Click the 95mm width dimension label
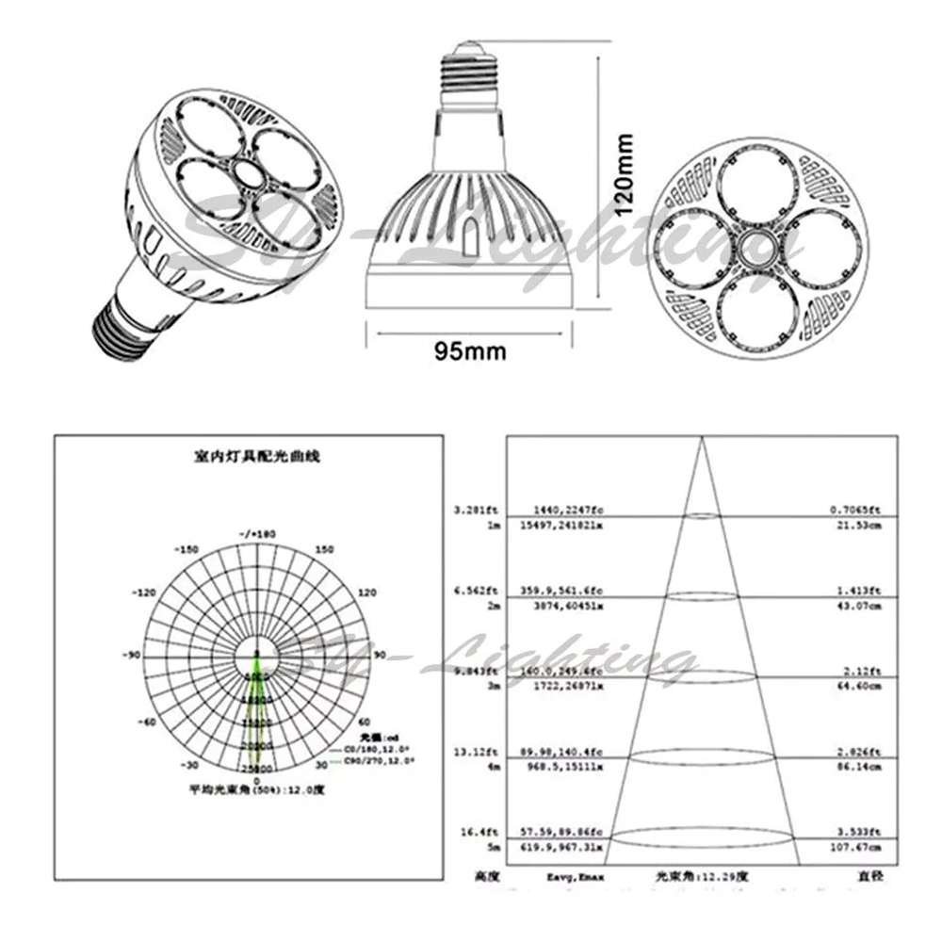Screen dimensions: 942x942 (469, 351)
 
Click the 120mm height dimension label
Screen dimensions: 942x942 (623, 175)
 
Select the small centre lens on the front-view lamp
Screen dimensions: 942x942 (753, 248)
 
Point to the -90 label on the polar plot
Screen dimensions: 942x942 (132, 655)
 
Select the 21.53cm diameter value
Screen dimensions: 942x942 (863, 524)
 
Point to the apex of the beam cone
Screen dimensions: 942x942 (700, 439)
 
